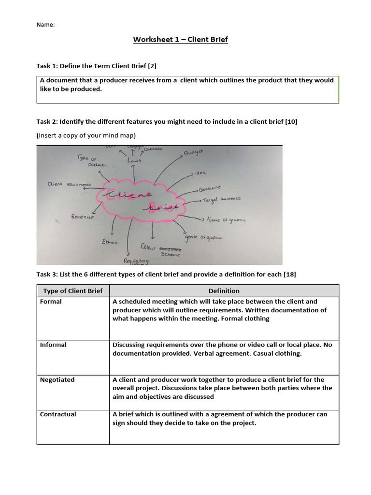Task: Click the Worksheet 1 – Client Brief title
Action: point(180,39)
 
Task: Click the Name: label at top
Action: point(46,25)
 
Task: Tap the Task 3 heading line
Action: point(166,274)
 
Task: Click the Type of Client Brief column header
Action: point(73,291)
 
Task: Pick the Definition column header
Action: point(224,291)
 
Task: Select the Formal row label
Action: point(51,302)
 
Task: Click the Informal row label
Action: point(53,345)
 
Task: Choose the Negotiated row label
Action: point(57,380)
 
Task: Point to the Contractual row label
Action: point(58,414)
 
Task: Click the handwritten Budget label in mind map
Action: point(194,153)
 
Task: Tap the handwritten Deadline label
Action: point(210,188)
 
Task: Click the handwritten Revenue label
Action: point(82,217)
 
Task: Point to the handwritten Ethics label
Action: point(109,242)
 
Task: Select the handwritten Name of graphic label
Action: point(226,219)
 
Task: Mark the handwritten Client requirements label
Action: point(69,184)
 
